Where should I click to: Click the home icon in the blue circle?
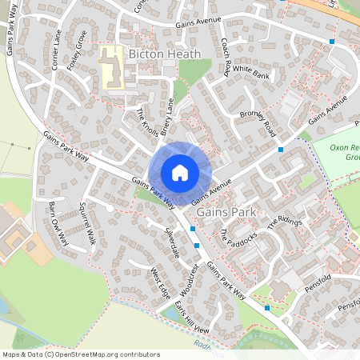180,173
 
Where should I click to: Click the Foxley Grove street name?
78,50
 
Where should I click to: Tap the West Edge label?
160,281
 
